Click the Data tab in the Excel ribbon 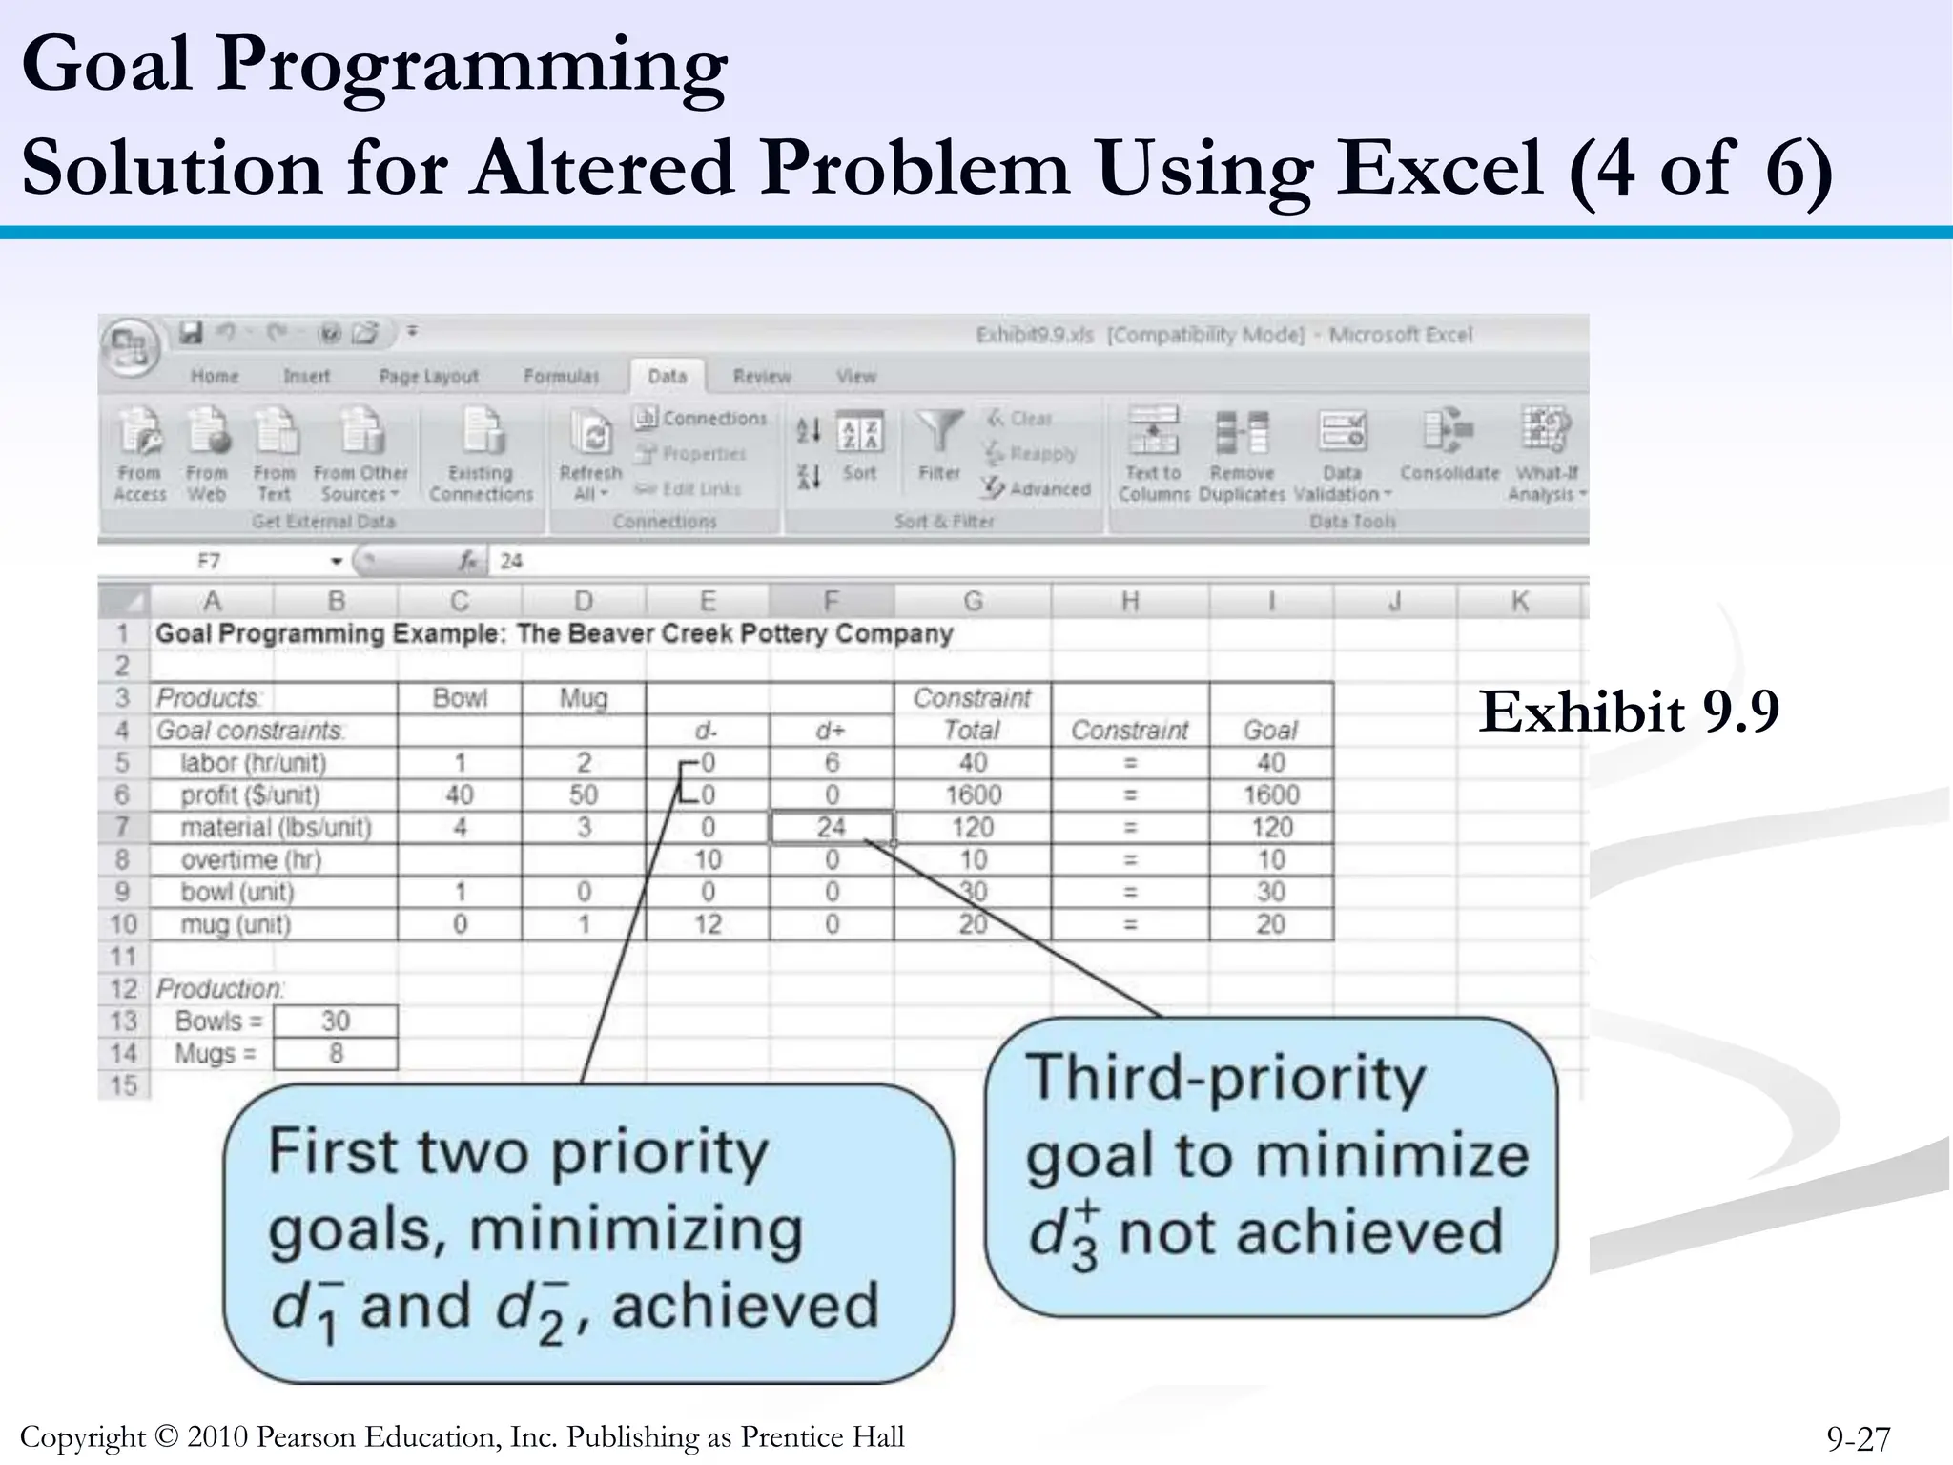point(667,376)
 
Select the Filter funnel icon point(938,434)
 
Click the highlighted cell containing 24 point(831,827)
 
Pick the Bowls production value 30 point(335,1021)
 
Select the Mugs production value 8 point(335,1054)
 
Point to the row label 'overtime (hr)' point(251,859)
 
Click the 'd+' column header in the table point(831,731)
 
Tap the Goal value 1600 point(1270,794)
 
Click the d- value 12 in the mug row point(707,924)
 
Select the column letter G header point(972,602)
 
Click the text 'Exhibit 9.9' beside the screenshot point(1629,712)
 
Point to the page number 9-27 point(1858,1438)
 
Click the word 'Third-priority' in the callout point(1225,1078)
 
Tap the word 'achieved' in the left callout point(745,1306)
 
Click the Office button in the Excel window point(129,344)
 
